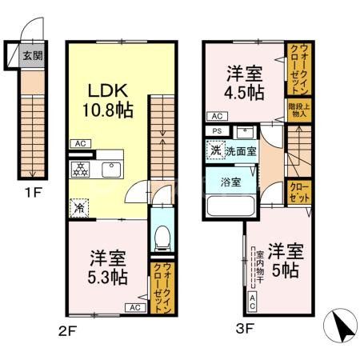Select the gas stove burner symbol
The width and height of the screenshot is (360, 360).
click(x=81, y=169)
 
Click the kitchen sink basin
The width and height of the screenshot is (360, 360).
click(x=110, y=170)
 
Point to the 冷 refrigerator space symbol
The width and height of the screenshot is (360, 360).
click(x=79, y=206)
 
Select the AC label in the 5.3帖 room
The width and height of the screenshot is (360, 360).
click(x=134, y=306)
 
